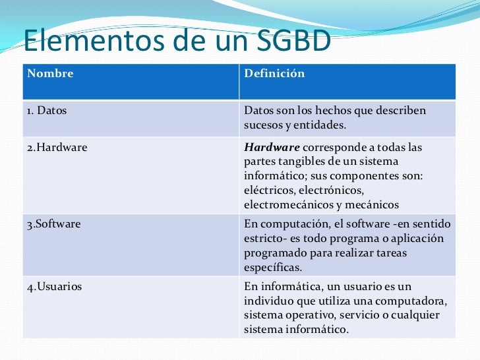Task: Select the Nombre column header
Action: [x=50, y=73]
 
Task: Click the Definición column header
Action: [x=274, y=73]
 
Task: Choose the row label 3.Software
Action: [x=54, y=224]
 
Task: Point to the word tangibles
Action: [x=294, y=162]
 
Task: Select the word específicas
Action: [x=273, y=267]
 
